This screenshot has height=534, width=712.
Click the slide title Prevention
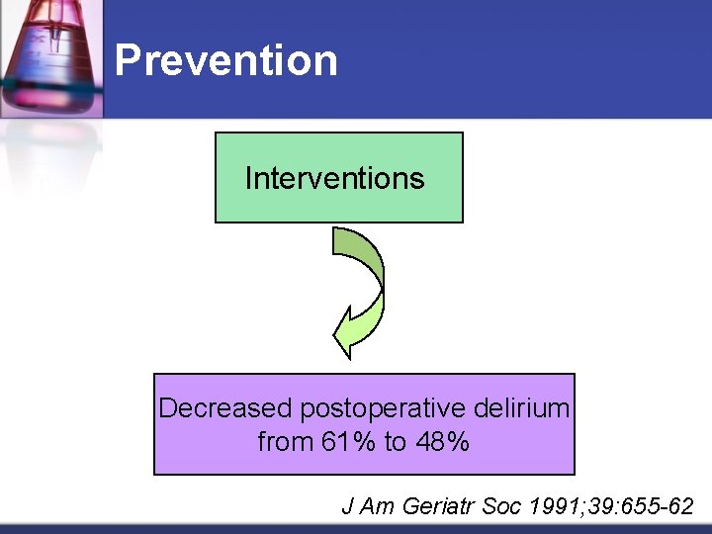coord(225,59)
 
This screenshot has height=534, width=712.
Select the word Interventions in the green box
coord(334,178)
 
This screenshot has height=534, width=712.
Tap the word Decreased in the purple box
coord(225,408)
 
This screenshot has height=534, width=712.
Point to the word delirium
coord(521,408)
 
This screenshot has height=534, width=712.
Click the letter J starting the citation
coord(347,506)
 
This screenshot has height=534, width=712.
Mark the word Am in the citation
coord(377,506)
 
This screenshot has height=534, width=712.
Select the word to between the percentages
coord(394,442)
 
